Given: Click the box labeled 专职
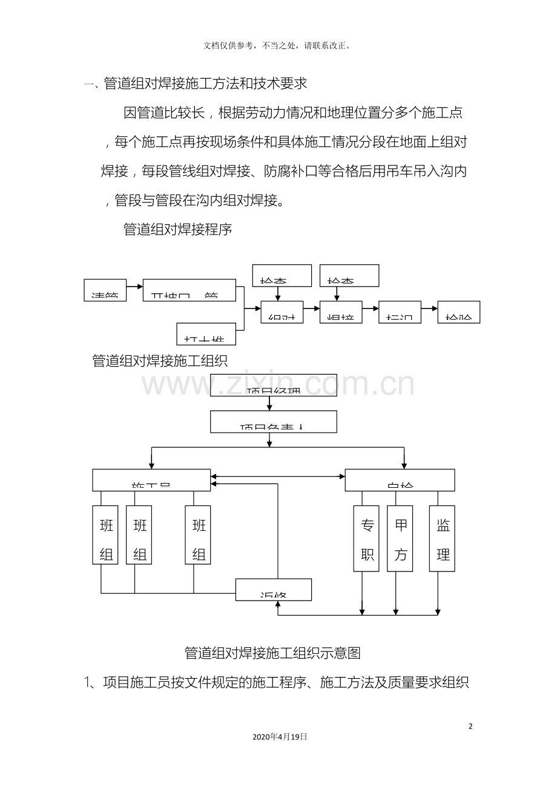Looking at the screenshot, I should click(x=366, y=539).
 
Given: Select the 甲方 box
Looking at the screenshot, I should click(x=400, y=539).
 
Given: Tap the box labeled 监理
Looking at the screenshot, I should click(x=442, y=539).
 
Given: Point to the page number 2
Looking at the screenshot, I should click(x=471, y=727).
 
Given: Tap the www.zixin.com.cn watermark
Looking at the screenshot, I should click(x=278, y=385).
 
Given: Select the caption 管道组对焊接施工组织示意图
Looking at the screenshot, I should click(x=272, y=653).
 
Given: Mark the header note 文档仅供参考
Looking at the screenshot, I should click(x=278, y=45).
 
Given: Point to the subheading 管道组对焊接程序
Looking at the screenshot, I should click(x=177, y=229).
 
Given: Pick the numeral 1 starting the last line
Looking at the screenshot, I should click(x=87, y=683).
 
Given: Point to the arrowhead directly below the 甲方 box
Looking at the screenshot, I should click(x=396, y=611).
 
